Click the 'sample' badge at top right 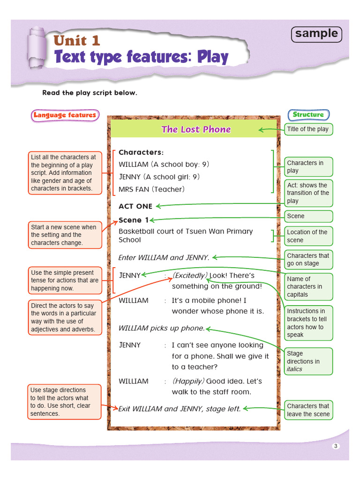click(316, 34)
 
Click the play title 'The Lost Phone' click(196, 129)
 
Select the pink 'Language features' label click(65, 115)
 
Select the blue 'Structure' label click(308, 114)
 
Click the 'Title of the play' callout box click(308, 129)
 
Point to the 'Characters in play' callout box click(308, 167)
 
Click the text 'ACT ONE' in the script click(135, 206)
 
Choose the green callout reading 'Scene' click(308, 216)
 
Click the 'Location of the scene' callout click(308, 236)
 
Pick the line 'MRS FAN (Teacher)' click(151, 189)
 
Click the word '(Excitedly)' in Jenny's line click(189, 275)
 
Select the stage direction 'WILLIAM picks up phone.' click(162, 328)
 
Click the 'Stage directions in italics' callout click(308, 361)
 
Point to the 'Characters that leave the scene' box click(308, 410)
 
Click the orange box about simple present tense click(65, 280)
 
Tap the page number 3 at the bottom click(335, 446)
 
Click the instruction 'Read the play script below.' click(90, 93)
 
